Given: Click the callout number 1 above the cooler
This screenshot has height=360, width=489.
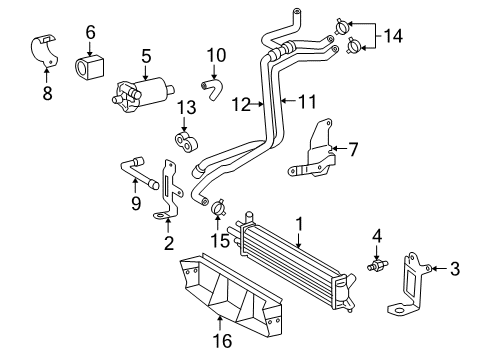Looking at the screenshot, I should (x=298, y=223).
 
